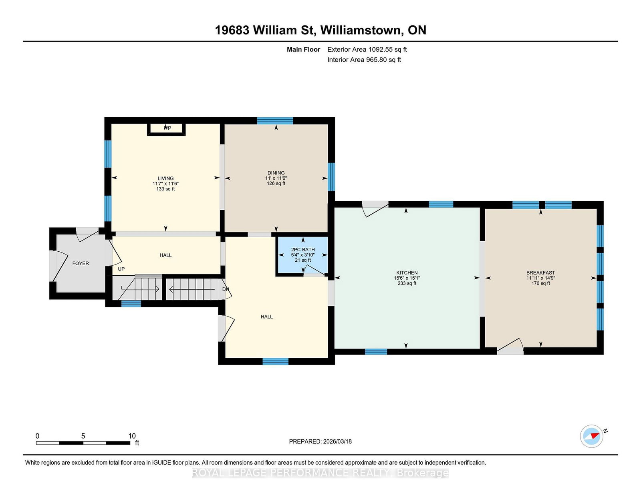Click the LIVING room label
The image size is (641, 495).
pyautogui.click(x=165, y=178)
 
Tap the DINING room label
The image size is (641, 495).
pyautogui.click(x=276, y=173)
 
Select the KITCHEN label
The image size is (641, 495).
pyautogui.click(x=407, y=273)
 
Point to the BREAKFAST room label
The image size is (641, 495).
pyautogui.click(x=541, y=273)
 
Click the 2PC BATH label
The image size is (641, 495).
pyautogui.click(x=303, y=250)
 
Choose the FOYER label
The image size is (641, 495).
pyautogui.click(x=81, y=263)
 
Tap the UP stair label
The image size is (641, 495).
pyautogui.click(x=121, y=269)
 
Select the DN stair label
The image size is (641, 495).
pyautogui.click(x=226, y=289)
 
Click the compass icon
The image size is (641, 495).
pyautogui.click(x=592, y=436)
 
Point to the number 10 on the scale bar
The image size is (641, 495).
pyautogui.click(x=132, y=436)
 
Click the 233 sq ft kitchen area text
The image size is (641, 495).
pyautogui.click(x=407, y=283)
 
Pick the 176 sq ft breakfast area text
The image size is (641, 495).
pyautogui.click(x=541, y=283)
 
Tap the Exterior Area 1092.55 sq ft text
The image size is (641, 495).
pyautogui.click(x=367, y=50)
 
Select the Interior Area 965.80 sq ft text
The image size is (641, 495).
pyautogui.click(x=364, y=60)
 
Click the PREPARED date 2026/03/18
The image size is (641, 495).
pyautogui.click(x=337, y=442)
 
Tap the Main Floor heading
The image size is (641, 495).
pyautogui.click(x=304, y=50)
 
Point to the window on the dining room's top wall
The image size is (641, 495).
pyautogui.click(x=275, y=121)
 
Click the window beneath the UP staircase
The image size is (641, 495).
pyautogui.click(x=131, y=304)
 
